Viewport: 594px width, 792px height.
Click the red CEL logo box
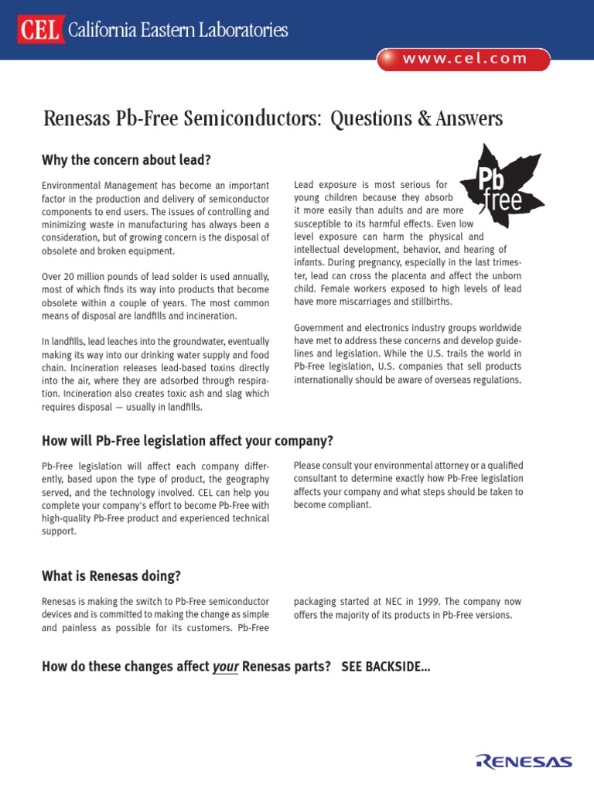[x=40, y=30]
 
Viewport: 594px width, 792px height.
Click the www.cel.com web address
[x=464, y=59]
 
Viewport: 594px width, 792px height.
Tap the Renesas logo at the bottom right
[x=524, y=761]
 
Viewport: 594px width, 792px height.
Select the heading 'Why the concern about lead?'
[x=126, y=160]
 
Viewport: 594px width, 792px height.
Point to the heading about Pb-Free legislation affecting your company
[x=187, y=441]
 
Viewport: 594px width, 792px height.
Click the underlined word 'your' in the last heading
[x=224, y=667]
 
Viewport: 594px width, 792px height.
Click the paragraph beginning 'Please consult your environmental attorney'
[x=408, y=485]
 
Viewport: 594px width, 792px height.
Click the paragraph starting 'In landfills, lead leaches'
[x=155, y=374]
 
